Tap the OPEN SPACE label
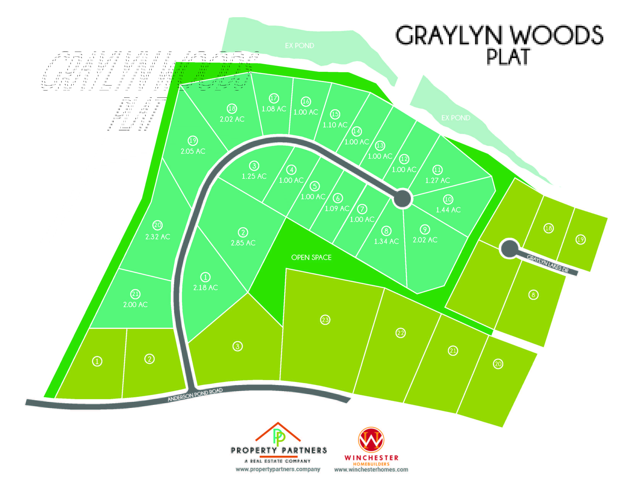tap(311, 257)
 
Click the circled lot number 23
tap(325, 320)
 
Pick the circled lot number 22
tap(400, 333)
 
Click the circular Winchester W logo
tap(371, 440)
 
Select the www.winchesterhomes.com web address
tap(371, 470)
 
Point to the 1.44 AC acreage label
tap(448, 210)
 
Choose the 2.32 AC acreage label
tap(157, 237)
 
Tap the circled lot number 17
tap(274, 98)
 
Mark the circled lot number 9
tap(425, 229)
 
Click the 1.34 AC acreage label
tap(386, 241)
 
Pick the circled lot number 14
tap(357, 131)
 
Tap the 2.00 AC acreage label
tap(135, 305)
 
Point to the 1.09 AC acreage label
tap(337, 209)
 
